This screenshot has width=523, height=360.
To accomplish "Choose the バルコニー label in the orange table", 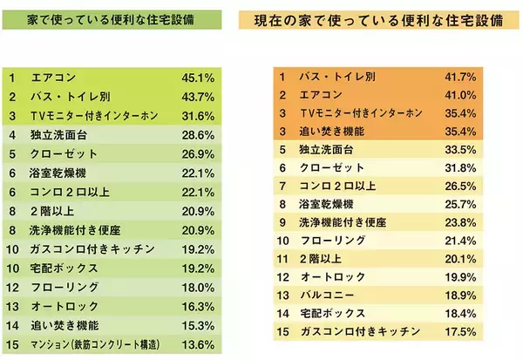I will tap(324, 293).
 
